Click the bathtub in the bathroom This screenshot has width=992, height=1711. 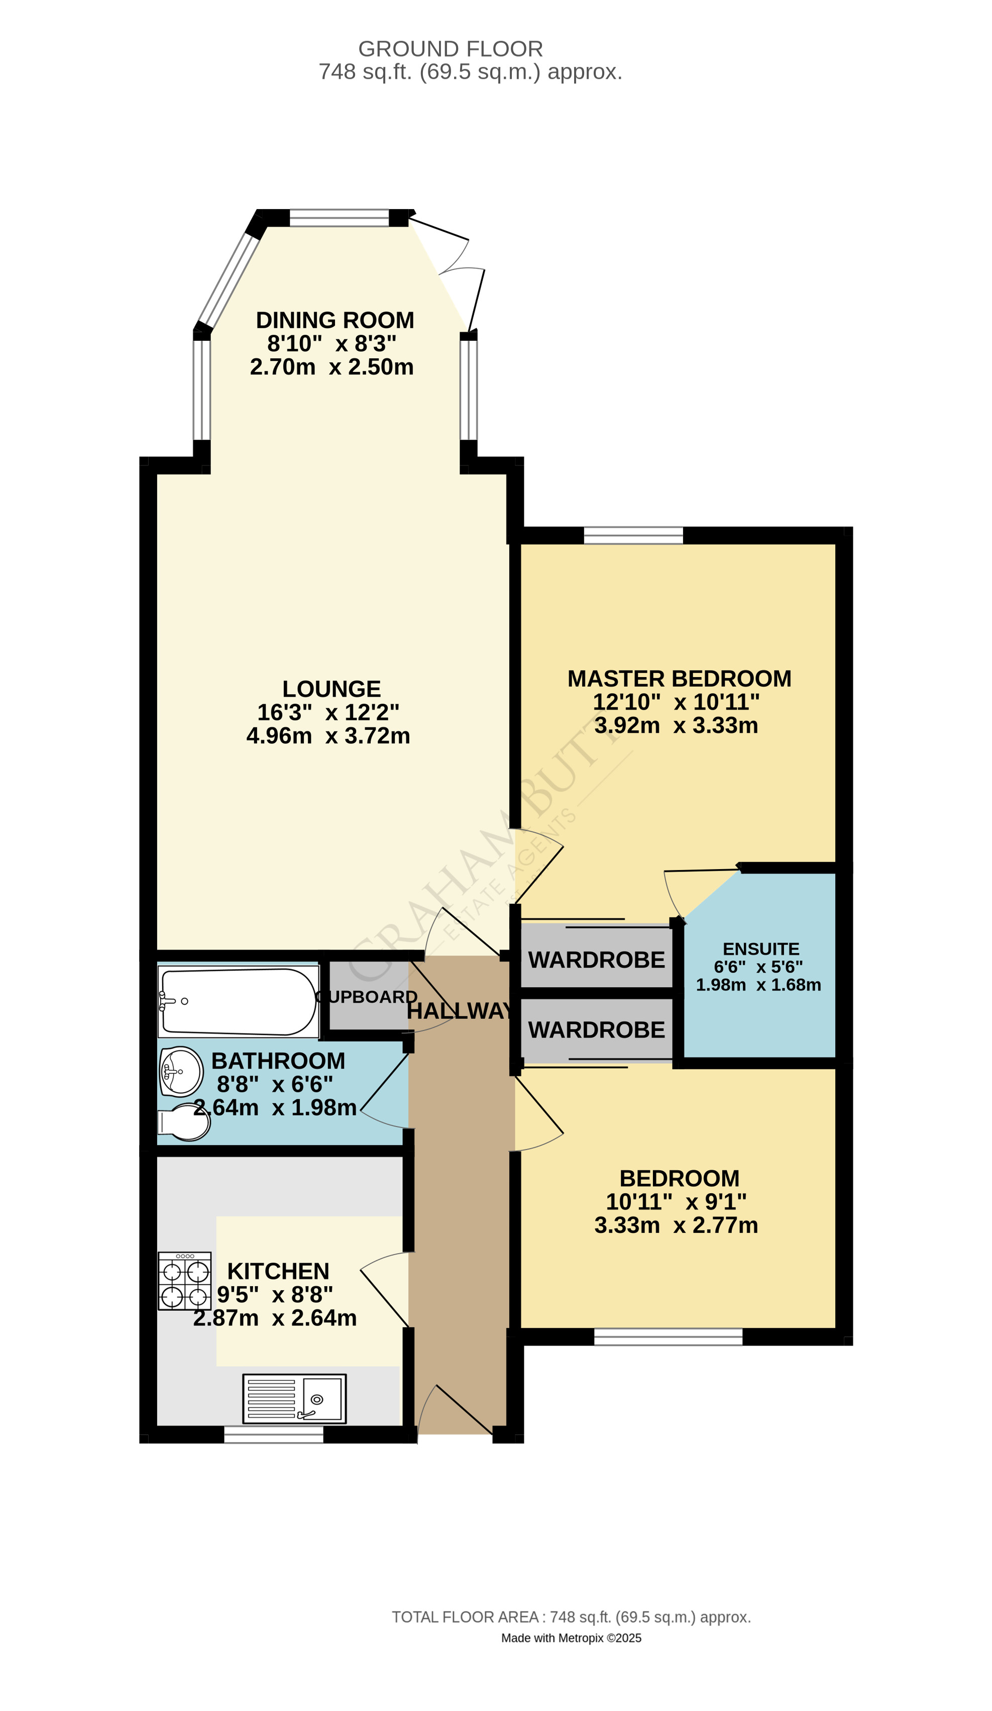coord(238,1001)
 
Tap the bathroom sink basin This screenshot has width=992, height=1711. coord(182,1072)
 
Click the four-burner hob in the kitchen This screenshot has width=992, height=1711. coord(184,1281)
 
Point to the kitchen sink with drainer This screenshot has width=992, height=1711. coord(294,1399)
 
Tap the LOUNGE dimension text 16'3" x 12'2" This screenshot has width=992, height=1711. coord(327,712)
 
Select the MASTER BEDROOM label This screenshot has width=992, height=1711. coord(679,678)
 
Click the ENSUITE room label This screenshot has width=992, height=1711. coord(760,948)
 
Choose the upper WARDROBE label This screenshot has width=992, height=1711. coord(596,960)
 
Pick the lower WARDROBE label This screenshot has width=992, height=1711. coord(596,1030)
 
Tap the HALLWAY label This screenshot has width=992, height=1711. coord(460,1011)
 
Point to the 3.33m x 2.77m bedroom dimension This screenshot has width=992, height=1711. coord(676,1225)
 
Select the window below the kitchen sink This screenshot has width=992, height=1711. coord(273,1434)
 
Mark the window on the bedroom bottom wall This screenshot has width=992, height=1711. coord(668,1337)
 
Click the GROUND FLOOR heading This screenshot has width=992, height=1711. coord(450,49)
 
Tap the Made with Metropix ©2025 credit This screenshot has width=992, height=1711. coord(571,1638)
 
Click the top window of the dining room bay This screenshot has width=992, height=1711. coord(339,218)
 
